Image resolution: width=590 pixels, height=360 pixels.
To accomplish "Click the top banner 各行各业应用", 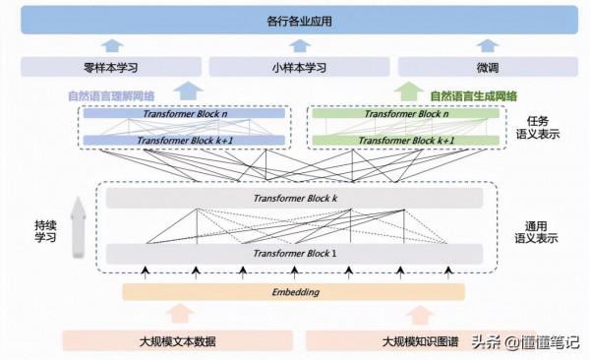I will tap(294, 20).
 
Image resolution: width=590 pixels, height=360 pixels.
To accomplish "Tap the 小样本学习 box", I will tap(294, 67).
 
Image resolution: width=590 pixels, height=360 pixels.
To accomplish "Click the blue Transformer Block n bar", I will tap(184, 114).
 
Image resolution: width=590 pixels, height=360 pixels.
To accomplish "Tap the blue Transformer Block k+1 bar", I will tap(184, 140).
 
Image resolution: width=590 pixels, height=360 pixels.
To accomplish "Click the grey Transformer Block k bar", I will tap(295, 199).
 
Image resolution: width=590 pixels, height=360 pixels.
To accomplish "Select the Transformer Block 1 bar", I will tap(295, 254).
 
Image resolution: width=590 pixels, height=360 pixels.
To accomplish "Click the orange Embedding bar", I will tap(293, 292).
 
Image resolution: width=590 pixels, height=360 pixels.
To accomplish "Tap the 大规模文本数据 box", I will tap(177, 340).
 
